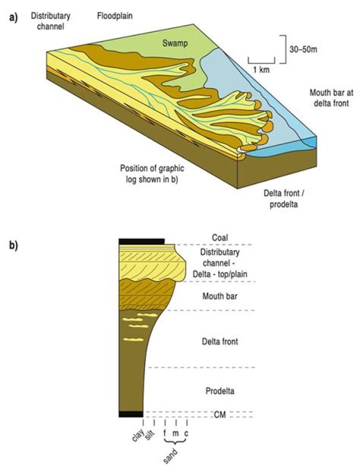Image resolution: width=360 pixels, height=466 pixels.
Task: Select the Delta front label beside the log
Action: click(x=219, y=342)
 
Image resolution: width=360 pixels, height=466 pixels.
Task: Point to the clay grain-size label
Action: click(x=138, y=435)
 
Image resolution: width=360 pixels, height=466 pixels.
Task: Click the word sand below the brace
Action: click(x=171, y=454)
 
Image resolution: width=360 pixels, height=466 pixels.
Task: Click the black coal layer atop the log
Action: click(x=141, y=242)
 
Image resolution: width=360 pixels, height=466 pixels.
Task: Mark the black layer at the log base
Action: click(x=130, y=413)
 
